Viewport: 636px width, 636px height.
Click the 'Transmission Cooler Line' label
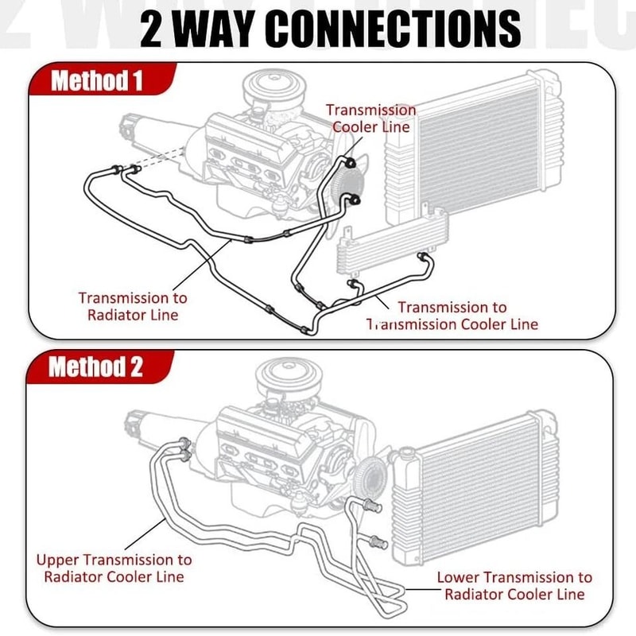[370, 118]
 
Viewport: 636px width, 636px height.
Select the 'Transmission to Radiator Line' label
[133, 306]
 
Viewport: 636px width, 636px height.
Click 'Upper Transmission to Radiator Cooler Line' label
[114, 568]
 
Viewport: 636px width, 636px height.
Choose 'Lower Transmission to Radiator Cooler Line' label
[514, 586]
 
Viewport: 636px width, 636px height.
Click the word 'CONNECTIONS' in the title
[393, 29]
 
